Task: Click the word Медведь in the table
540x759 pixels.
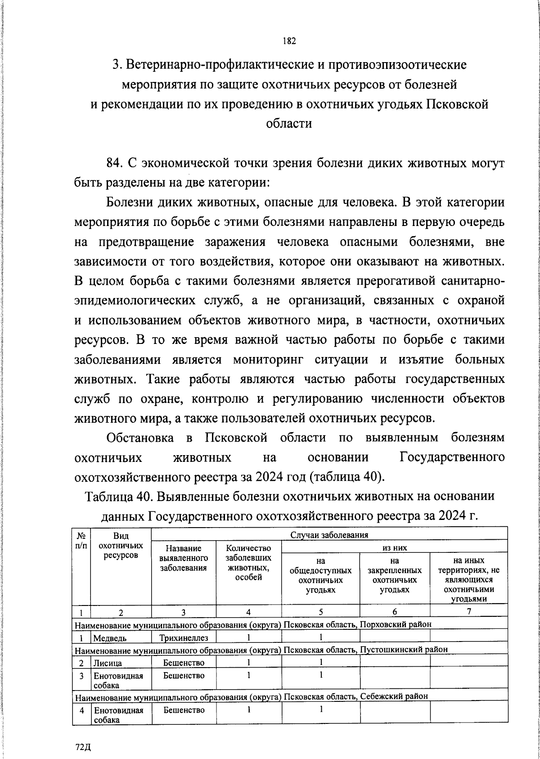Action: pos(110,638)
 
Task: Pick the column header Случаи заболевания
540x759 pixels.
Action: pos(329,535)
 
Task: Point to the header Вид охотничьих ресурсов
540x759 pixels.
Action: pos(121,545)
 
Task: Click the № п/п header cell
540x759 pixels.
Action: pos(81,540)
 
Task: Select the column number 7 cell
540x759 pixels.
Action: pos(469,611)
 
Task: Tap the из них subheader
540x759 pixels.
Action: pos(394,547)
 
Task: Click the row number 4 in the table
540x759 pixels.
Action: pos(81,710)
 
